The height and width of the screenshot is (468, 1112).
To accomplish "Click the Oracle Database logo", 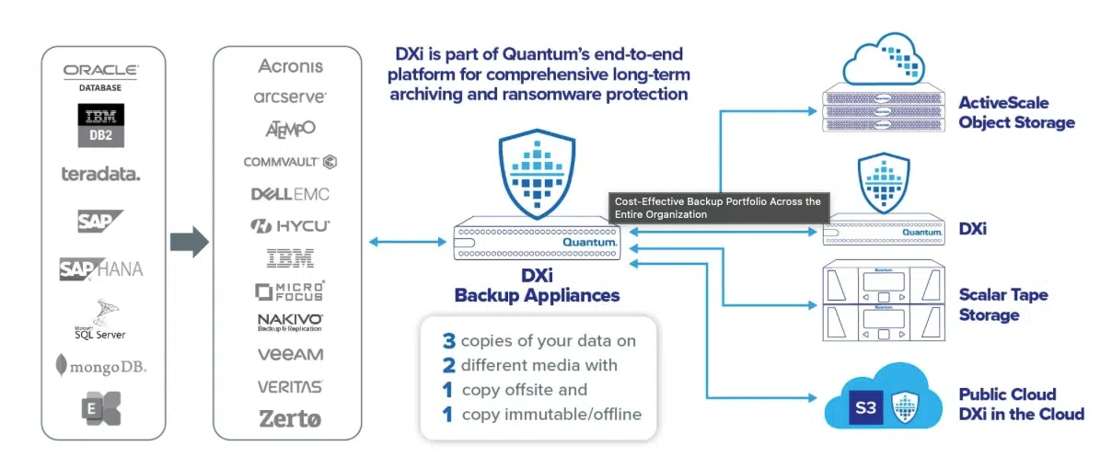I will point(101,74).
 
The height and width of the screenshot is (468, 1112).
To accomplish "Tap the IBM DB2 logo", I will point(101,125).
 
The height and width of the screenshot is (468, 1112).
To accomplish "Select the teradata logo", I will point(101,174).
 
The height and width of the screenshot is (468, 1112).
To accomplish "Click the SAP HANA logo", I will point(101,268).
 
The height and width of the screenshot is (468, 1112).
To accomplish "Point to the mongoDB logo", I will point(101,365).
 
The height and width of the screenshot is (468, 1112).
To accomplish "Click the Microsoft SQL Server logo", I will point(101,318).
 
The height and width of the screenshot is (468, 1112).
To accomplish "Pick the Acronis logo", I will point(290,66).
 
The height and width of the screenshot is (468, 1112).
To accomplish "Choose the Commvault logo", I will point(290,162).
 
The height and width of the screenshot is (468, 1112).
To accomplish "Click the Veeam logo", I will point(290,354).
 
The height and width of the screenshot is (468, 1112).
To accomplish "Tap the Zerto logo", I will point(290,419).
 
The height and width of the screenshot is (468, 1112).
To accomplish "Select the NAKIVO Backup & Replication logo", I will point(290,322).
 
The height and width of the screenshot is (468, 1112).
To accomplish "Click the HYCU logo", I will point(290,226).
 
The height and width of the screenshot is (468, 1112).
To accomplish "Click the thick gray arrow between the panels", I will point(189,243).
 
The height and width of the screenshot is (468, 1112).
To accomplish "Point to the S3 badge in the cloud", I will point(865,406).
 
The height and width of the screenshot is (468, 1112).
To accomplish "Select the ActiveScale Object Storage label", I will point(1016,112).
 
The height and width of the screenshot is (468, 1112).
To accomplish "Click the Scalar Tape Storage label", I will point(1002,305).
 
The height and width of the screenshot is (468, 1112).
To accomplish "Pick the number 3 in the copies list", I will point(449,341).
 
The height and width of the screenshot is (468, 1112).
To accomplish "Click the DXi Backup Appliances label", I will point(537,286).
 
